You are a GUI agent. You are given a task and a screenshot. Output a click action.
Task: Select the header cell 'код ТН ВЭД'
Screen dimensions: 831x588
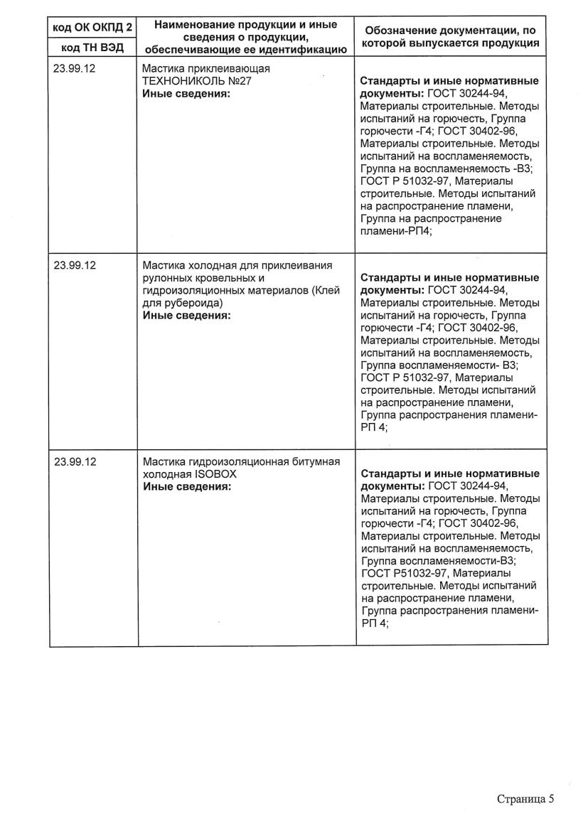pyautogui.click(x=93, y=48)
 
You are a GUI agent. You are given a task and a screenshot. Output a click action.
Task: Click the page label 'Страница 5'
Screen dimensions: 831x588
pyautogui.click(x=525, y=798)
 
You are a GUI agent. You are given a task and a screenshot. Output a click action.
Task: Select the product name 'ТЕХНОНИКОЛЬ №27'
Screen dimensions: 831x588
pyautogui.click(x=198, y=82)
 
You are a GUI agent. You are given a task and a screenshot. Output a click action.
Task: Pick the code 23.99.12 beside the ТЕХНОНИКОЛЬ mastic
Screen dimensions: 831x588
pyautogui.click(x=75, y=70)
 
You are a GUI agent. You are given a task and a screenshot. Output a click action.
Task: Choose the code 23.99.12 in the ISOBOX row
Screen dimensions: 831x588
pyautogui.click(x=75, y=461)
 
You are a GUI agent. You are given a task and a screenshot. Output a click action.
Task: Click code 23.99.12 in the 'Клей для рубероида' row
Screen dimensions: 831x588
pyautogui.click(x=75, y=265)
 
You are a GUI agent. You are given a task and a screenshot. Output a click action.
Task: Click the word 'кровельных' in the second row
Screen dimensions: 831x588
pyautogui.click(x=226, y=278)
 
